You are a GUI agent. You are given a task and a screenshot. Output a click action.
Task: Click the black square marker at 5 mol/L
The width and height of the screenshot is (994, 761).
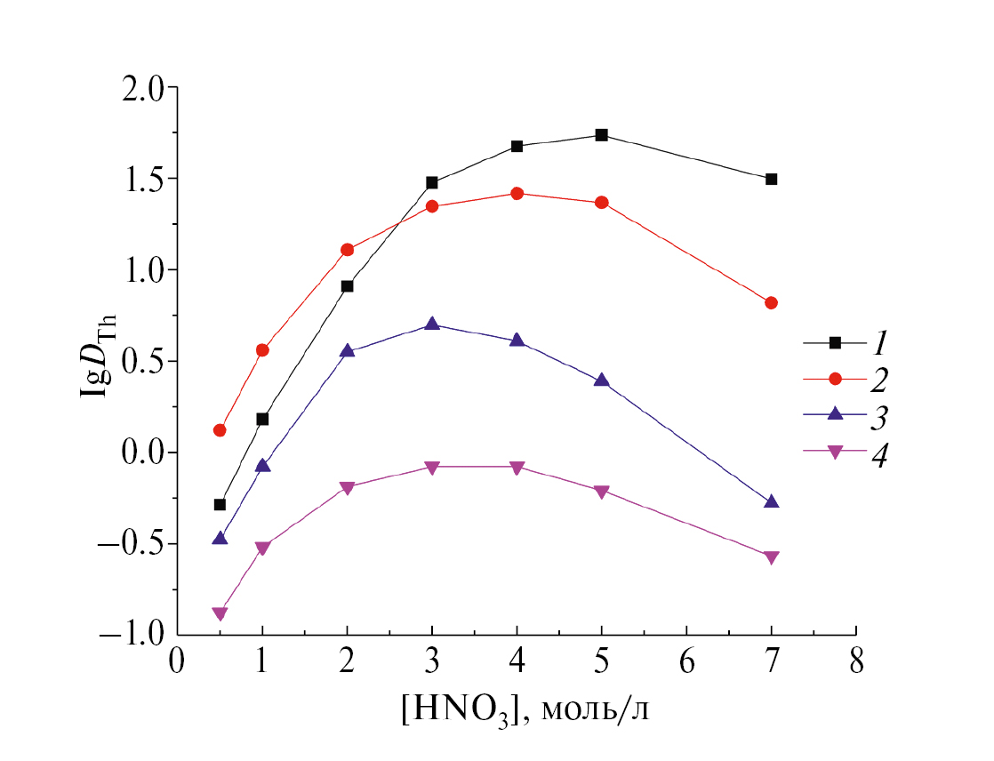click(601, 135)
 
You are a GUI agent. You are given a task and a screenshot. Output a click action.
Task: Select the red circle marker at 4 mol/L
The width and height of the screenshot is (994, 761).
click(517, 193)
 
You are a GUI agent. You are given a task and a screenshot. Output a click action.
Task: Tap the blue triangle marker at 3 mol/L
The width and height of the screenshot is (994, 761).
click(432, 324)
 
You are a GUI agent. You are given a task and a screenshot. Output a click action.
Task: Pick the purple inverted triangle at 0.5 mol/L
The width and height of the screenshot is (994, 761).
click(220, 613)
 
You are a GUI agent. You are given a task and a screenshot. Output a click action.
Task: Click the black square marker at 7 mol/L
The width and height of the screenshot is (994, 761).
click(771, 179)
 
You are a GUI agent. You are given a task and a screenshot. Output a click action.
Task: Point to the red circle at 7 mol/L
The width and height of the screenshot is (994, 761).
click(771, 303)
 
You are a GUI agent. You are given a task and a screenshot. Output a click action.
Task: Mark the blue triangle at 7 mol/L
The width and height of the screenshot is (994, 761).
click(771, 502)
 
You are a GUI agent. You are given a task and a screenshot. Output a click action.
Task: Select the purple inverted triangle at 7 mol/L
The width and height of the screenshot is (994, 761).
click(771, 557)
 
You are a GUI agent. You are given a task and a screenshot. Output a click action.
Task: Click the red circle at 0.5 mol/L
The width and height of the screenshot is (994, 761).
click(220, 430)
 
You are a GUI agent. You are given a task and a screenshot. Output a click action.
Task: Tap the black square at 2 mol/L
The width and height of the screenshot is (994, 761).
click(347, 286)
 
